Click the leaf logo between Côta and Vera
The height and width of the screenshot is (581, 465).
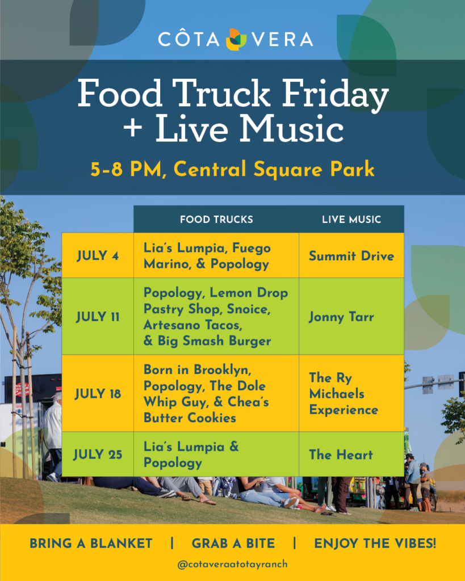(236, 39)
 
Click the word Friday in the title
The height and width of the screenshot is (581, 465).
(335, 94)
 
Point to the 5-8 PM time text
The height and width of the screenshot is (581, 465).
(127, 170)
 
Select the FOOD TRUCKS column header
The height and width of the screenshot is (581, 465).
(216, 220)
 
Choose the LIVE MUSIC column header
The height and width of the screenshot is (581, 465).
(351, 220)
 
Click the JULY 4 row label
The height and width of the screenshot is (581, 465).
(98, 256)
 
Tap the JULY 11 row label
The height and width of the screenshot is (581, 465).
(98, 317)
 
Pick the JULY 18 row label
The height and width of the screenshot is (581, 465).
(98, 394)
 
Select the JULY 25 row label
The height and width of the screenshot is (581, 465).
(98, 454)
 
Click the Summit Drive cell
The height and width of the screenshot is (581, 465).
(351, 256)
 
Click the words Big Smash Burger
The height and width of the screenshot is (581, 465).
(214, 341)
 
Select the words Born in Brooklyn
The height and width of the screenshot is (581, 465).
(197, 370)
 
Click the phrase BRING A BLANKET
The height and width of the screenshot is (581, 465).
(91, 543)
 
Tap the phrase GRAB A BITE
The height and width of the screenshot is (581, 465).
(233, 543)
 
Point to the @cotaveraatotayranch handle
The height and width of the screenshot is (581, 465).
(233, 565)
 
